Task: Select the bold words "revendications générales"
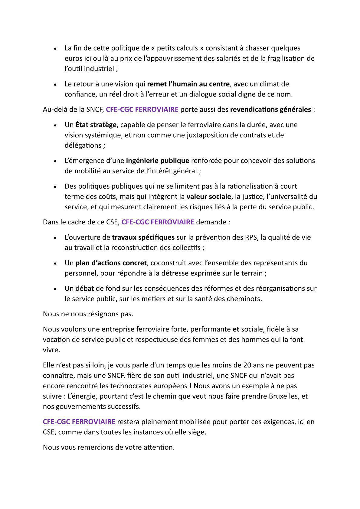tap(270, 109)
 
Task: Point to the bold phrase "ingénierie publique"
tap(157, 160)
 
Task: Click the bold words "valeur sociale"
tap(208, 196)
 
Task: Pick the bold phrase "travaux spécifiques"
tap(143, 237)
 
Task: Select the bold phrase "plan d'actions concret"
tap(111, 263)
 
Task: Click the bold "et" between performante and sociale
tap(236, 329)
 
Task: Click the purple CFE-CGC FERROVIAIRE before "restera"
tap(79, 421)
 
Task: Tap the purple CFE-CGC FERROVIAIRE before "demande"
tap(158, 222)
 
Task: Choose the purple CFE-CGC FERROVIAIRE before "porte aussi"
tap(142, 109)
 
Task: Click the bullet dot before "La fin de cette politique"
tap(55, 49)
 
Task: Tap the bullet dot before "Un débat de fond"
tap(55, 289)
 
